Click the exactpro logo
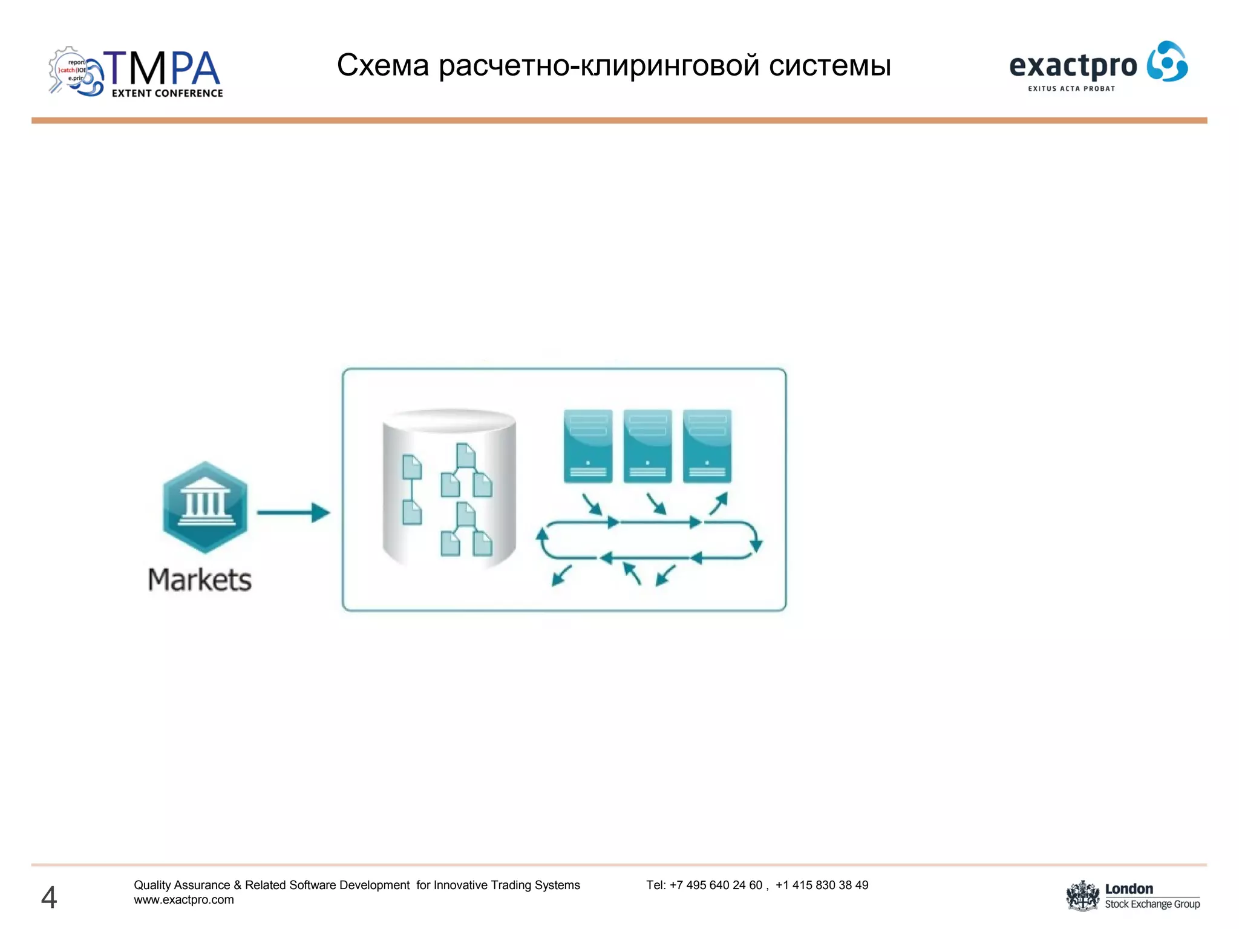tap(1098, 65)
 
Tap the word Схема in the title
tap(382, 65)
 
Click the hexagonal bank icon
tap(205, 507)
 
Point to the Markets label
tap(200, 580)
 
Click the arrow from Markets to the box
tap(293, 513)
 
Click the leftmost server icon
tap(587, 446)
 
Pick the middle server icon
tap(647, 446)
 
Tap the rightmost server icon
tap(707, 446)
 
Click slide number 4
tap(49, 897)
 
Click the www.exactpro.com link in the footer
tap(184, 900)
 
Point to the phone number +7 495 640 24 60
tap(716, 885)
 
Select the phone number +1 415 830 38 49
tap(822, 885)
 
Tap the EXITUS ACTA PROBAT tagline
tap(1071, 89)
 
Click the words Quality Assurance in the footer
tap(182, 885)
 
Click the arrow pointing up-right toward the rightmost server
tap(719, 503)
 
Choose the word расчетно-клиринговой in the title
tap(599, 65)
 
